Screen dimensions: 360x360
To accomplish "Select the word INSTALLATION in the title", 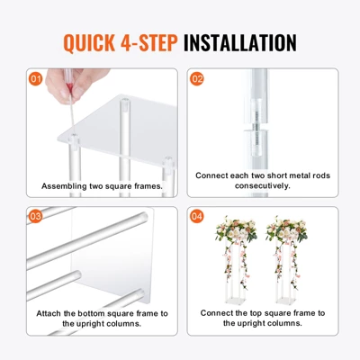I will point(239,42).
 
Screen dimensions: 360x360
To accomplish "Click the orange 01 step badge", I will point(36,78).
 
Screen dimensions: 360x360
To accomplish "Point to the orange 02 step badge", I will point(198,78).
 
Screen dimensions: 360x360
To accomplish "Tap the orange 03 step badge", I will point(36,217).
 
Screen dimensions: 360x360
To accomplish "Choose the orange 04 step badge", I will point(198,217).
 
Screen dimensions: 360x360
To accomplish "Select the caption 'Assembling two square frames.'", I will point(102,186).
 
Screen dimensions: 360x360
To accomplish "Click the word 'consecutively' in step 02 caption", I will point(263,187).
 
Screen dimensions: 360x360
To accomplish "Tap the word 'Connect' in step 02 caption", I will point(217,175).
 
